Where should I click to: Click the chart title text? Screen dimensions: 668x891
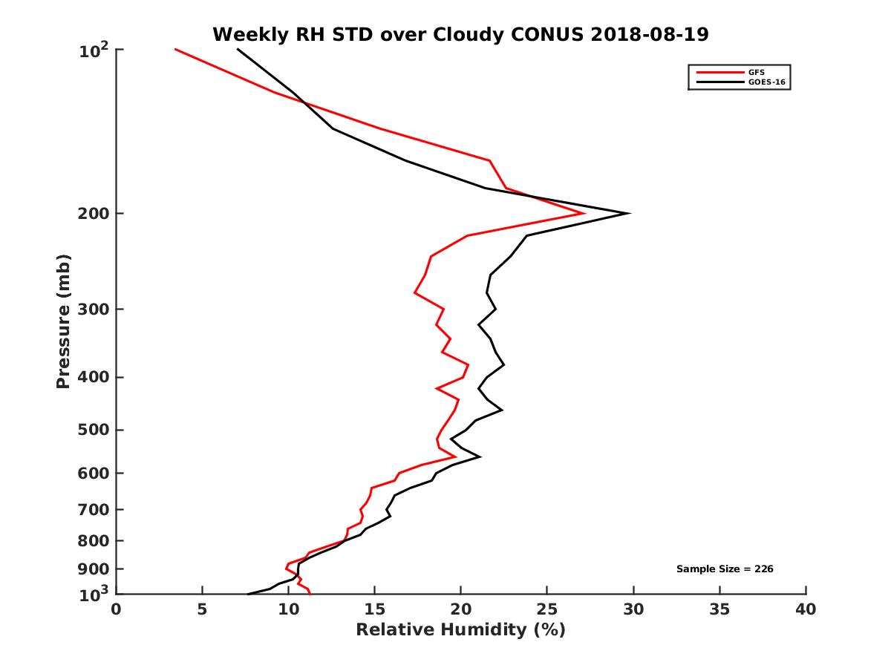[460, 34]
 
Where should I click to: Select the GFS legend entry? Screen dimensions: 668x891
[756, 72]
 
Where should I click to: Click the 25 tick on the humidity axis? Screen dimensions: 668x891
[547, 609]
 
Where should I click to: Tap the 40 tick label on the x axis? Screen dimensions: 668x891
[806, 609]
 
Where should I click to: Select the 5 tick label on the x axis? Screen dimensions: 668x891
[202, 609]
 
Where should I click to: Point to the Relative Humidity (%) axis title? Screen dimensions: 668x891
[460, 630]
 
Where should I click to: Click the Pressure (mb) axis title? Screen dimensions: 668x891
[63, 321]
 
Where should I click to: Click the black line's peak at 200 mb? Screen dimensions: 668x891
[630, 214]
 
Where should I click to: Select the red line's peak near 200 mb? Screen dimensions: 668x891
[584, 213]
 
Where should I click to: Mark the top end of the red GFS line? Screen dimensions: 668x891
[175, 49]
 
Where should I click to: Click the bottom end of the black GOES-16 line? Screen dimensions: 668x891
[248, 594]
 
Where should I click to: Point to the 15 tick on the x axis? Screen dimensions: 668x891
[374, 609]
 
